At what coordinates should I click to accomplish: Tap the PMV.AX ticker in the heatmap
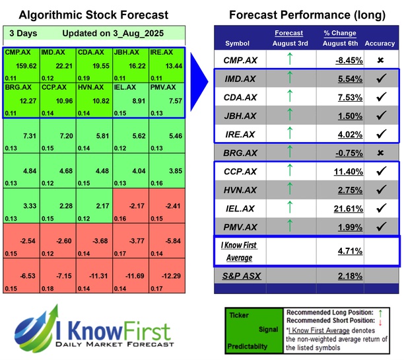(x=162, y=86)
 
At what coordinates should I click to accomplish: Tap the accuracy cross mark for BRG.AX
(x=380, y=153)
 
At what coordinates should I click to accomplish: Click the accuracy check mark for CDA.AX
(x=380, y=98)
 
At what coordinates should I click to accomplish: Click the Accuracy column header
(x=380, y=43)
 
